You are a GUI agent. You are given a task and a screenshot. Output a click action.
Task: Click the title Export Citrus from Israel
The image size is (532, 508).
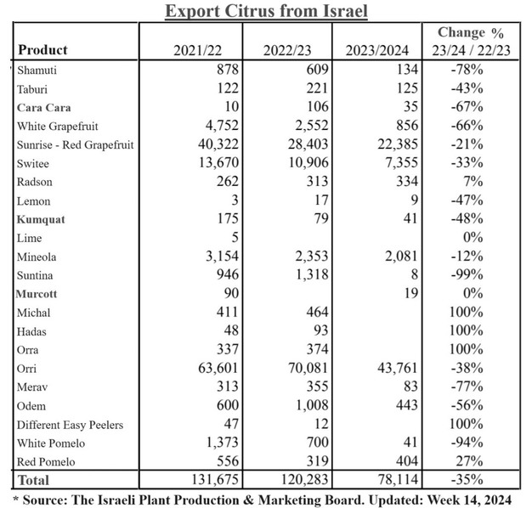(265, 11)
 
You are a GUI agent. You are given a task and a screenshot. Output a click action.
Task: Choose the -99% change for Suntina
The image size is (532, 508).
(466, 276)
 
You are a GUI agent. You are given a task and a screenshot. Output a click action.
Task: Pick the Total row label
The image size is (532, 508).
(34, 481)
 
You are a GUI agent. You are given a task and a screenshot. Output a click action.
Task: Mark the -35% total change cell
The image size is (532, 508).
(466, 481)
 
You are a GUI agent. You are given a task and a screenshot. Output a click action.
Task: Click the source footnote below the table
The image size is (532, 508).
(262, 500)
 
